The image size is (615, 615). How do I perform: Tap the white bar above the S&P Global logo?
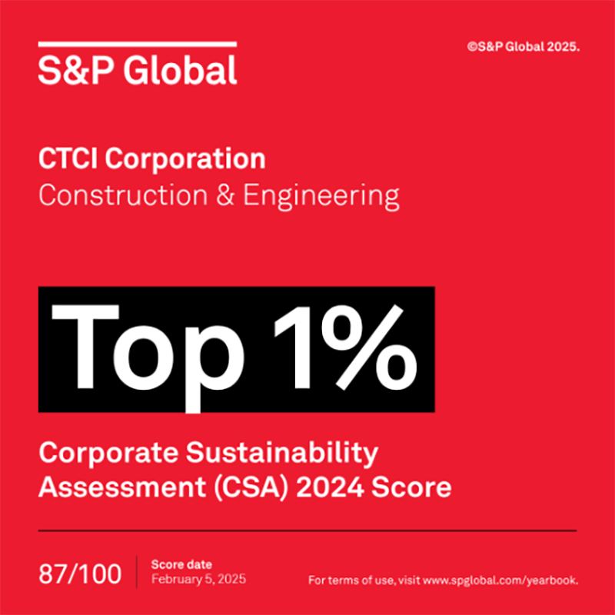[138, 45]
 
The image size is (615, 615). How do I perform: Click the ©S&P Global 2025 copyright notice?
[522, 47]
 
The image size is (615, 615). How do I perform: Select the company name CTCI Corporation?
[151, 160]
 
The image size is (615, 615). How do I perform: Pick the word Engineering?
[321, 197]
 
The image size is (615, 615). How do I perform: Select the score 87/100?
[80, 573]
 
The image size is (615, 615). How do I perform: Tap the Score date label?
[181, 565]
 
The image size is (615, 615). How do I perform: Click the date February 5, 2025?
[199, 579]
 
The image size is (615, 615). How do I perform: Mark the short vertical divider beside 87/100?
[137, 573]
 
